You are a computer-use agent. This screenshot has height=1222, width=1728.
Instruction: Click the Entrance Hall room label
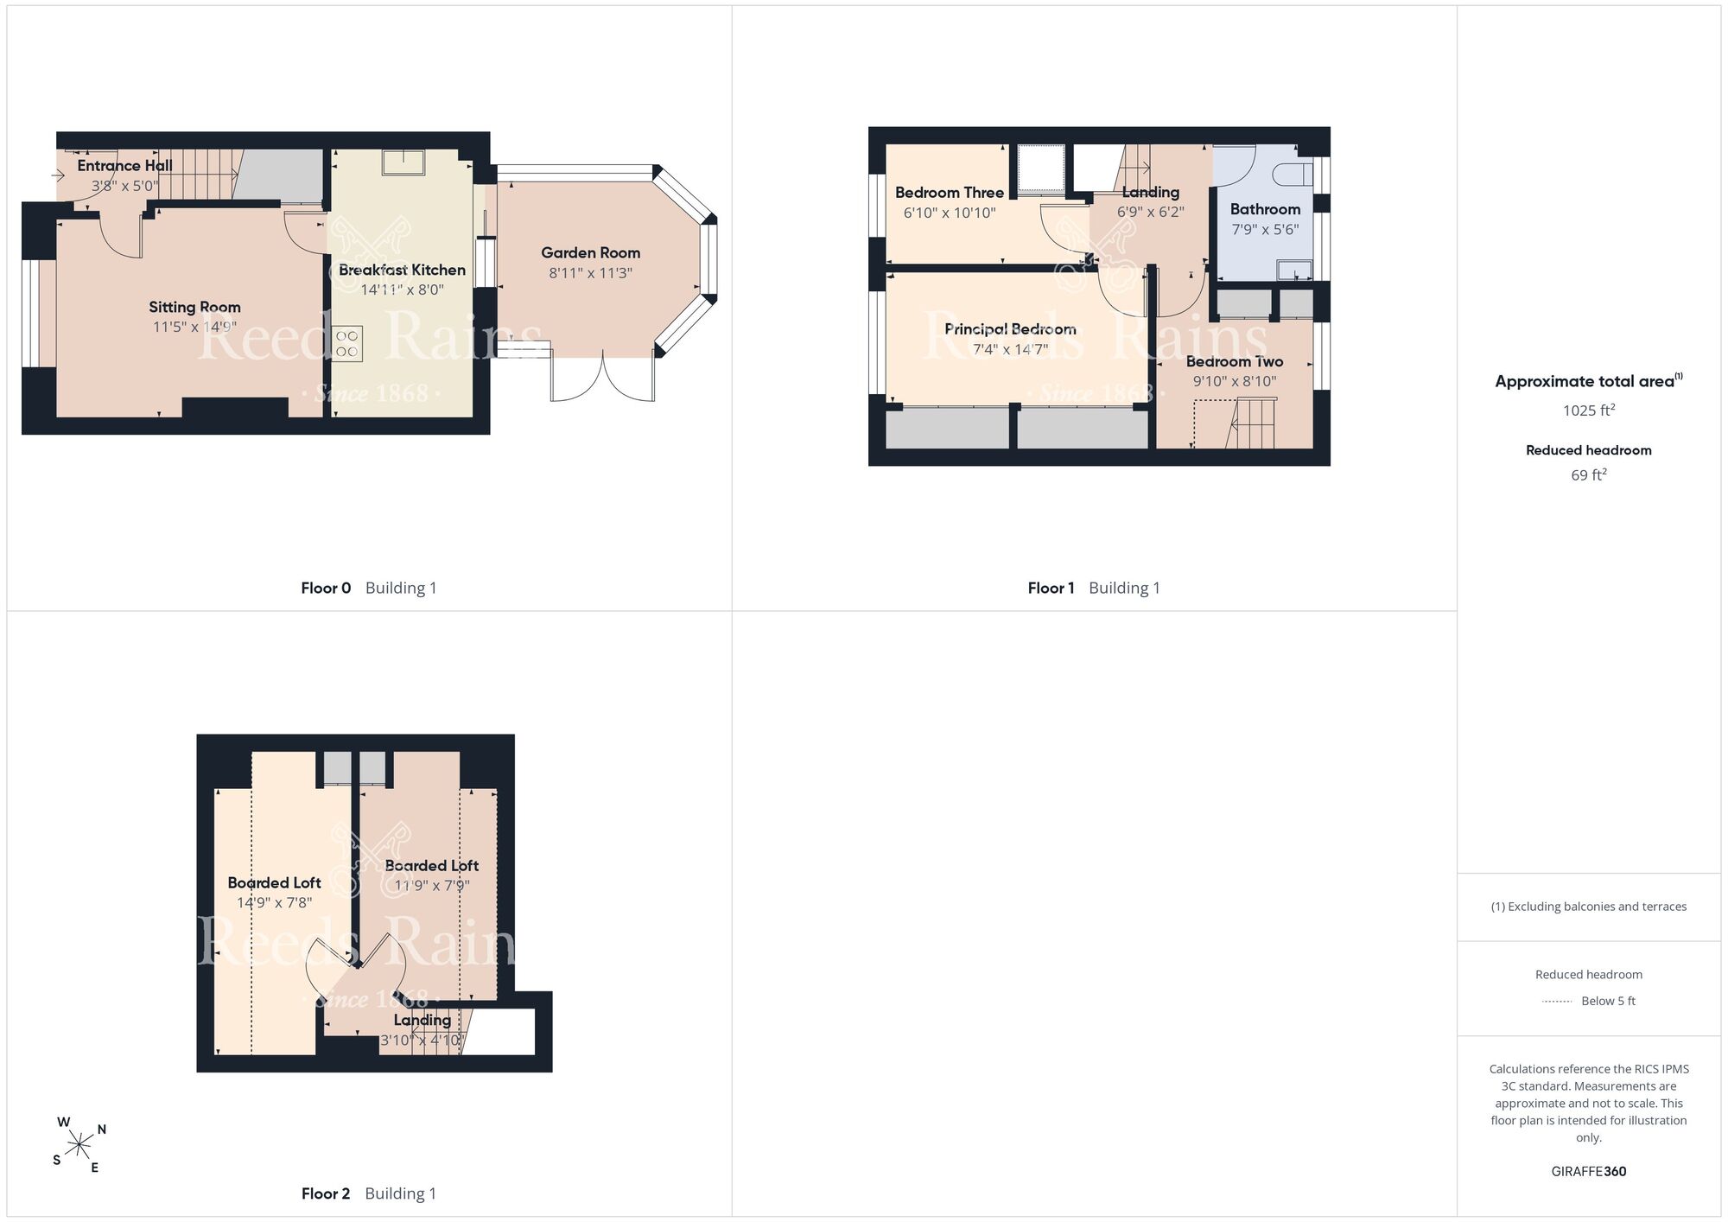click(124, 166)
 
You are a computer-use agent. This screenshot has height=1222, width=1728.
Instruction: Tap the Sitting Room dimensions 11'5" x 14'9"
click(194, 327)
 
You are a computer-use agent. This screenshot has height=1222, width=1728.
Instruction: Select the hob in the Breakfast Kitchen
click(347, 344)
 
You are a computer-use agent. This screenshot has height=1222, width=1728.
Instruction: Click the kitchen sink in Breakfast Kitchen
click(403, 162)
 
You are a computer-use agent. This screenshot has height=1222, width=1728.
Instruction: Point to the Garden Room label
click(591, 253)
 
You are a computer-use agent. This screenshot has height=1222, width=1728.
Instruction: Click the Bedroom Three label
click(950, 193)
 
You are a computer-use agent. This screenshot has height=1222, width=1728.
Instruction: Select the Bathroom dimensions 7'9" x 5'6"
click(1265, 230)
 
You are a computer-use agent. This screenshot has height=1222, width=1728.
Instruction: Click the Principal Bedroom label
click(1010, 329)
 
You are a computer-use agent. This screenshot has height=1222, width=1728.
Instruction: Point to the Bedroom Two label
click(1234, 362)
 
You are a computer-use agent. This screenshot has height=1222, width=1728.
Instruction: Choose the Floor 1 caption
click(1051, 589)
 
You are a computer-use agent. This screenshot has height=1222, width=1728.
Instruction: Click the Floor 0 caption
click(326, 589)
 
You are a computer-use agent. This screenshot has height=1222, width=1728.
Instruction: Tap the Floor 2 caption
click(326, 1194)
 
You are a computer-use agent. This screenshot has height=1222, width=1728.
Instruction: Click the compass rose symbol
click(79, 1146)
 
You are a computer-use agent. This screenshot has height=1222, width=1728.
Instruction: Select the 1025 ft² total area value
click(1589, 411)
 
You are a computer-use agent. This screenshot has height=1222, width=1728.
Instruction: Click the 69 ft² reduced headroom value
click(1589, 475)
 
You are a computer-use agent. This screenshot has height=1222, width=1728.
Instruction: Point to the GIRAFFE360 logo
click(1589, 1172)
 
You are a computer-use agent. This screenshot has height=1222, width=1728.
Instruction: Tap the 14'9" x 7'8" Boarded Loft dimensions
click(275, 903)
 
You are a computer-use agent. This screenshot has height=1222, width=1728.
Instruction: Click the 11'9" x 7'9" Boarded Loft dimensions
click(432, 886)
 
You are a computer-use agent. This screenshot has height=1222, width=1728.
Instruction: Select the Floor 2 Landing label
click(422, 1021)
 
